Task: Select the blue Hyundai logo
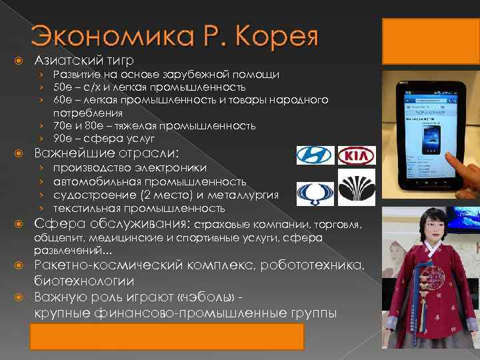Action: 313,155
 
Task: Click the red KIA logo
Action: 357,156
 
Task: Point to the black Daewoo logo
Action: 357,187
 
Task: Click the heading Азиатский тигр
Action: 84,61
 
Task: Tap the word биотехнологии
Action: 85,281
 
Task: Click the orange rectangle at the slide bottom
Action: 166,337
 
